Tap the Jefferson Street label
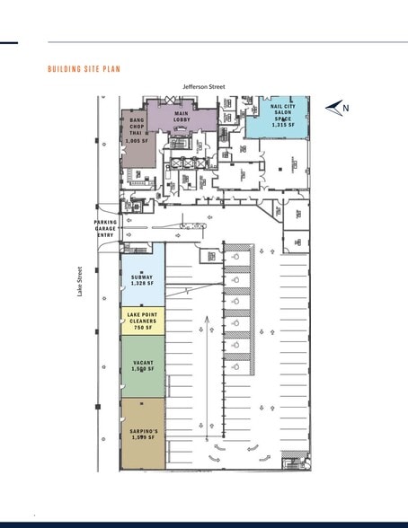point(204,87)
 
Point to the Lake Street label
point(80,281)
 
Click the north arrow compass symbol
point(334,109)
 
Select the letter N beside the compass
point(346,109)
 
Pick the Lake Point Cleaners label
point(142,317)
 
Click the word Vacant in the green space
point(143,362)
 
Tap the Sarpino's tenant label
point(143,431)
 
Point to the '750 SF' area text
point(142,328)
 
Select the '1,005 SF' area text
point(137,141)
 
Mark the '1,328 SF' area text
point(143,284)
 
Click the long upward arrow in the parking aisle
point(208,377)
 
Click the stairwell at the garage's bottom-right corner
point(294,463)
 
